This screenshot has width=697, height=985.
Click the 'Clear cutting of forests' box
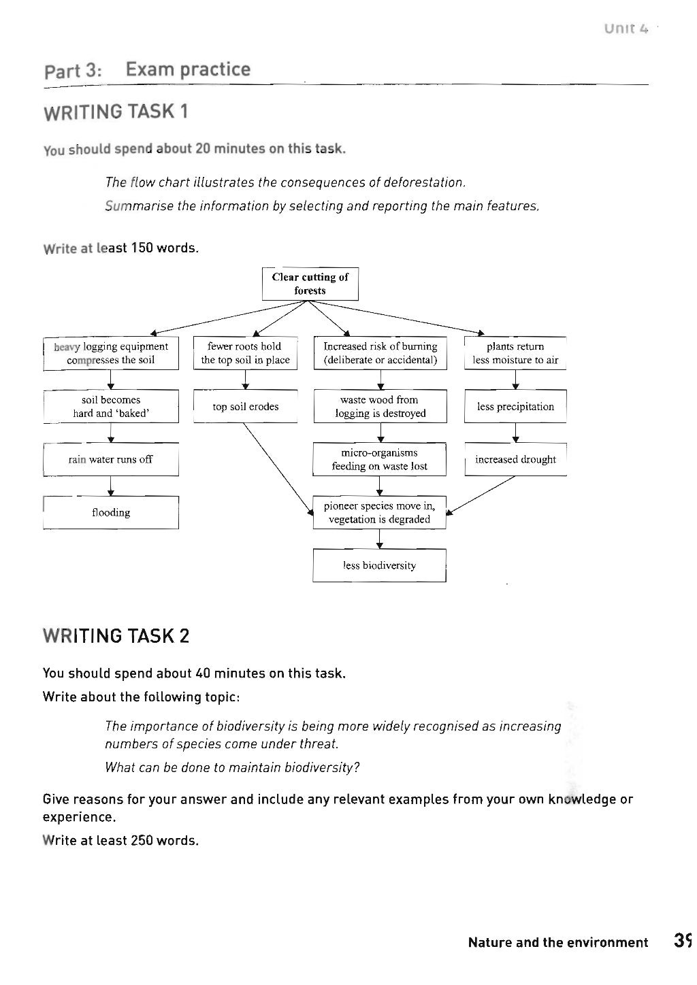(310, 284)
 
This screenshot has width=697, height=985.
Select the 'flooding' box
(111, 512)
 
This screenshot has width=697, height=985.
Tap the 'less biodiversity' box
(379, 565)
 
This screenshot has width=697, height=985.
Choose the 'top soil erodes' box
(245, 406)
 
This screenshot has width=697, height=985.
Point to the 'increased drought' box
(515, 459)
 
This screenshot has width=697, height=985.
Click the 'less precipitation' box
(515, 406)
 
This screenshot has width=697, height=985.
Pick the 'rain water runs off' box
(111, 459)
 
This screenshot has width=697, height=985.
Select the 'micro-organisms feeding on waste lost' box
(379, 459)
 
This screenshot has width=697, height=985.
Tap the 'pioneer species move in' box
(379, 512)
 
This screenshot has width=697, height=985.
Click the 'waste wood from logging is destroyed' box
(379, 406)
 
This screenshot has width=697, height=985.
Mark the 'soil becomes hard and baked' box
(111, 406)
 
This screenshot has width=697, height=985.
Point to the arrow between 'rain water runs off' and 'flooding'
(111, 486)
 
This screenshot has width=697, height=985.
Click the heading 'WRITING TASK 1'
(116, 112)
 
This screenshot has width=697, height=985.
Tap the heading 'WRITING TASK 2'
(116, 636)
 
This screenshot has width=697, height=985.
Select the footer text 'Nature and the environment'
(557, 942)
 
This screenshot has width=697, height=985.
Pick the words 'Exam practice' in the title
(188, 69)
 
